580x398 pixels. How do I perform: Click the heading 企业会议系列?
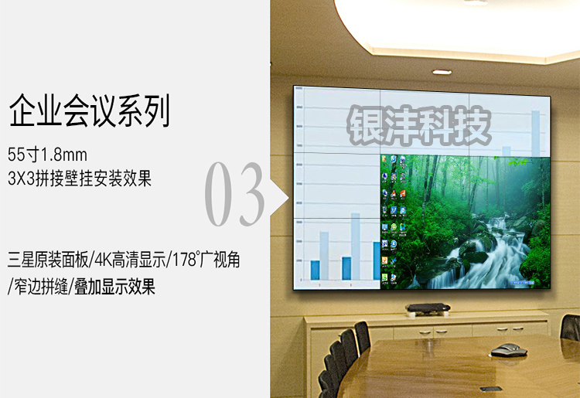tap(89, 111)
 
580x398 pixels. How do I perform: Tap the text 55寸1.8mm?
tap(47, 155)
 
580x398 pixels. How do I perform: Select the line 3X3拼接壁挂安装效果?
tap(80, 179)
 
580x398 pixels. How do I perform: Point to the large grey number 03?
tap(235, 194)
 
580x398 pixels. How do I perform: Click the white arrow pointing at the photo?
tap(279, 198)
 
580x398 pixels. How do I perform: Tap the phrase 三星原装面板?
tap(48, 260)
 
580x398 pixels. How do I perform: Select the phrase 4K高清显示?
tap(131, 260)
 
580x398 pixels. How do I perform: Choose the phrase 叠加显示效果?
tap(114, 287)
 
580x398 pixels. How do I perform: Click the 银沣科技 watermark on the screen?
tap(419, 125)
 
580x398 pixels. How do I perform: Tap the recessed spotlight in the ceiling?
tap(442, 72)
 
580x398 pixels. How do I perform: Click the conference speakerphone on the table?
tap(509, 349)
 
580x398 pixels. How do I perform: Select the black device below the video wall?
tap(428, 308)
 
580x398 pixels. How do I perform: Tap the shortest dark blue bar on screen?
tap(316, 270)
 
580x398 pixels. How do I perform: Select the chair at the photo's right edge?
tap(570, 328)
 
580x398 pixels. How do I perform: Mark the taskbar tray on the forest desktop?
tap(521, 283)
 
